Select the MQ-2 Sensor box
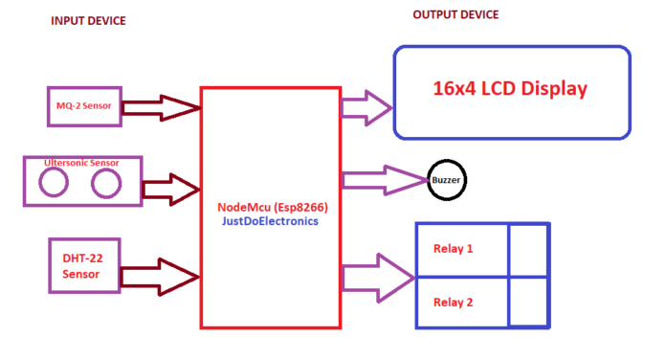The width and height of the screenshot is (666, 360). point(84,105)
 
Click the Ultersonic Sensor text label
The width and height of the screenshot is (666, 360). point(82,164)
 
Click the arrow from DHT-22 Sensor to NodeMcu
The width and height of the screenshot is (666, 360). point(161,277)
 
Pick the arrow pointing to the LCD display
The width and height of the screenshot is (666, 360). point(366,106)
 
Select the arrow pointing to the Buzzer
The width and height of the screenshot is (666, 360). point(383,179)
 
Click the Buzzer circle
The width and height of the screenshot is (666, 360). point(446,179)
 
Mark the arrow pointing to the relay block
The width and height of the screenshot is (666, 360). point(378,278)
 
